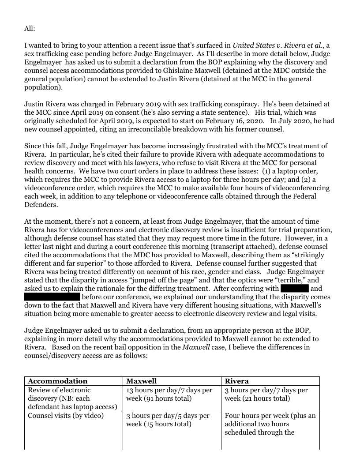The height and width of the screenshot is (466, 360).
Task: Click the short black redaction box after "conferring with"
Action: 294,289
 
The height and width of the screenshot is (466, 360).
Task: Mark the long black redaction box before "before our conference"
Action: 52,297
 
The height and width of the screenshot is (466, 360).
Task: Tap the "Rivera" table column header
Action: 237,381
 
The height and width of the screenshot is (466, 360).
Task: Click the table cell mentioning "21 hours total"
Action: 266,394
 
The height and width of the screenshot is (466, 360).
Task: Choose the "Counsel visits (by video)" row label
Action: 66,416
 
